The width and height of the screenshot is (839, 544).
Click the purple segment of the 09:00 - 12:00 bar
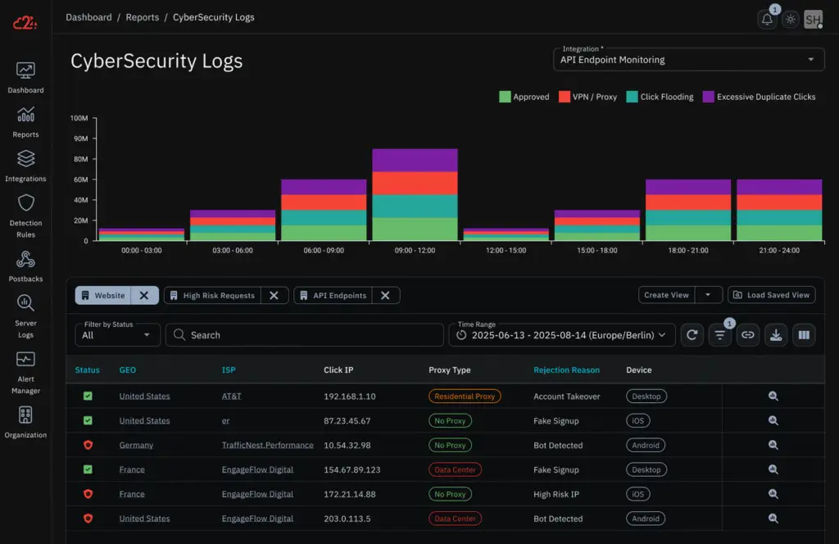415,160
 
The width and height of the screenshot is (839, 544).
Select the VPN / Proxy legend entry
587,97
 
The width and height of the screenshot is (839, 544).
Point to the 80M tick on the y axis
79,159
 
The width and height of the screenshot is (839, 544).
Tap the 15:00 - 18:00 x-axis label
597,250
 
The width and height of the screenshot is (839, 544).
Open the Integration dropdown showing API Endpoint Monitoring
687,59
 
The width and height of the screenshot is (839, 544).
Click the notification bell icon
767,20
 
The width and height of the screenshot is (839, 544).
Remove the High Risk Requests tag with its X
274,295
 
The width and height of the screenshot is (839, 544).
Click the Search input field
305,335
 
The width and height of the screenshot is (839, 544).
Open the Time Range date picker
562,335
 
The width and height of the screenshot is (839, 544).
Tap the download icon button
775,335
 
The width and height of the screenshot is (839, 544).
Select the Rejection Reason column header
566,370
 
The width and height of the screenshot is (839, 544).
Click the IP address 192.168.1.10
350,397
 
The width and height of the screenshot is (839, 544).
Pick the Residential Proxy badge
465,397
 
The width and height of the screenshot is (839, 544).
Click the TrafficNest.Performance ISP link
267,446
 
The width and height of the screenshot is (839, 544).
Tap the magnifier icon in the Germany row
773,446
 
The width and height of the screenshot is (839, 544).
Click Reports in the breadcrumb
143,17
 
